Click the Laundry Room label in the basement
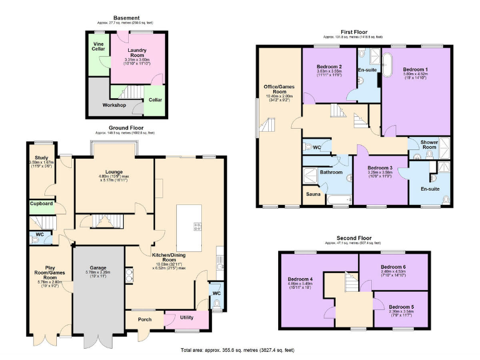click(136, 50)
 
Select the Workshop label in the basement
click(114, 105)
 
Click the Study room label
click(42, 158)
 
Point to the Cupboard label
click(41, 204)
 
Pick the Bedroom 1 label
click(416, 69)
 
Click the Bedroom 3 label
click(379, 168)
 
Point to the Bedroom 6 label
click(394, 267)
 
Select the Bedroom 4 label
click(299, 279)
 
